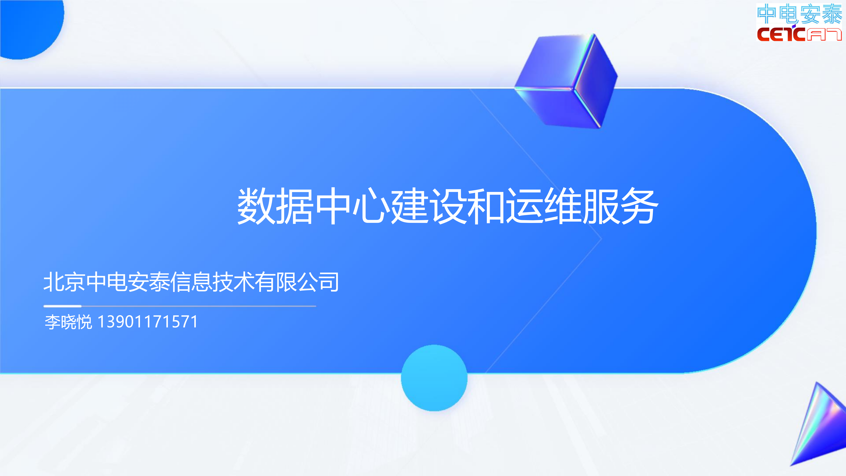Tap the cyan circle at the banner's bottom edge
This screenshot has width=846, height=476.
pyautogui.click(x=434, y=378)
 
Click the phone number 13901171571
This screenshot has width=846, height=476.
pyautogui.click(x=148, y=322)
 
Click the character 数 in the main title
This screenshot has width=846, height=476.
pyautogui.click(x=256, y=206)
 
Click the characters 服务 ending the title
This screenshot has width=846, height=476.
pyautogui.click(x=621, y=206)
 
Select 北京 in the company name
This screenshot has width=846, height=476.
pyautogui.click(x=64, y=282)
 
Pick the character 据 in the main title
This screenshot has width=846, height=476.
pyautogui.click(x=295, y=206)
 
